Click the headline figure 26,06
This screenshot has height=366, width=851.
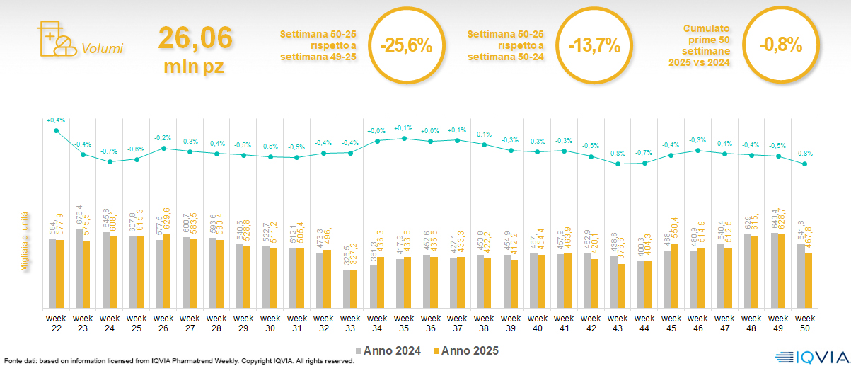coord(195,38)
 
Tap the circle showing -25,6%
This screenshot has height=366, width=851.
coord(405,45)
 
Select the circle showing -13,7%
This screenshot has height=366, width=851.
coord(594,45)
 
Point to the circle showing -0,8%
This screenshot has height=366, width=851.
coord(780,45)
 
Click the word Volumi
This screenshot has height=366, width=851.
coord(102,49)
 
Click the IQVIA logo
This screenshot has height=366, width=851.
coord(811,357)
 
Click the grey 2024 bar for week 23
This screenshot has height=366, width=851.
coord(79,268)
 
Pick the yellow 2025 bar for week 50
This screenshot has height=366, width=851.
coord(807,280)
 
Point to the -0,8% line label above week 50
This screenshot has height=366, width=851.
coord(804,153)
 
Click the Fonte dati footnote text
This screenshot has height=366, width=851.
coord(177,361)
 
